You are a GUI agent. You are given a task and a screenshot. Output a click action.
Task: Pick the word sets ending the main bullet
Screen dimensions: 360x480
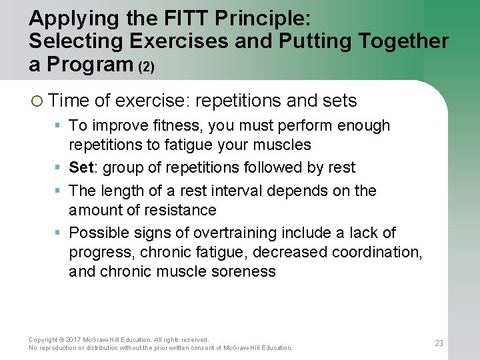(x=339, y=101)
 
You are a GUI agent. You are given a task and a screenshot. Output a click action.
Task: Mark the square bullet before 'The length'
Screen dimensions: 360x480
(x=59, y=191)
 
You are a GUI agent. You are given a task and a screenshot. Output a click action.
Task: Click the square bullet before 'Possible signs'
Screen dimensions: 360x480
(x=59, y=233)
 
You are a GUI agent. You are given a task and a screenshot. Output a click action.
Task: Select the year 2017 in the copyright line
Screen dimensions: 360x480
(x=71, y=340)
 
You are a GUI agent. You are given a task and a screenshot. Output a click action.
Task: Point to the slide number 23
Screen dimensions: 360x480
(x=439, y=343)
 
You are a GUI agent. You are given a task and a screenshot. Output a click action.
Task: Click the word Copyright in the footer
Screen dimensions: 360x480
(x=43, y=340)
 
